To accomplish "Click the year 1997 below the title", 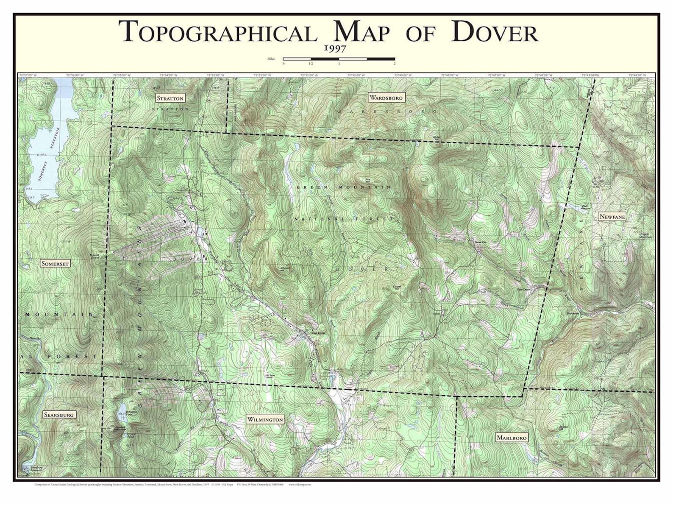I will tap(335, 48).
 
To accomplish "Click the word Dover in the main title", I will tap(495, 33).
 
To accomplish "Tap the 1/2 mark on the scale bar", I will tap(311, 64).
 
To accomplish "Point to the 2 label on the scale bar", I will tap(395, 64).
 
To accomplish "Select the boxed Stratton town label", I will tap(170, 98).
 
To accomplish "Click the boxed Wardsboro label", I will tap(386, 98).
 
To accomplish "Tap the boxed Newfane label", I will tap(612, 217).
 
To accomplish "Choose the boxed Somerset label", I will tap(55, 263).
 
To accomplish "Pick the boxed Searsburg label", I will tap(59, 415).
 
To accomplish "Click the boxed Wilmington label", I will tap(265, 419).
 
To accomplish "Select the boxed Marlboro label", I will tap(512, 437).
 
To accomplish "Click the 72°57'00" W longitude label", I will tap(28, 75).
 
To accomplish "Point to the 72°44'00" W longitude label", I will tap(637, 75).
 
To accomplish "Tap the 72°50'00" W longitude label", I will tap(355, 75).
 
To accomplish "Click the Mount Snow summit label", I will tap(94, 256).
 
